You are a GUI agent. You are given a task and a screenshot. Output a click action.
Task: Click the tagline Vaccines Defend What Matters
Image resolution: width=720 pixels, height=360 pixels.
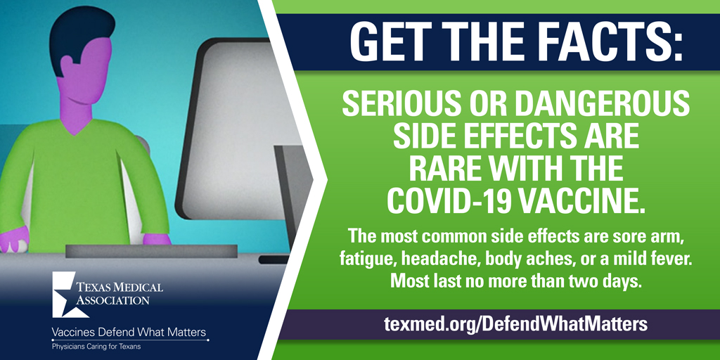pos(129,332)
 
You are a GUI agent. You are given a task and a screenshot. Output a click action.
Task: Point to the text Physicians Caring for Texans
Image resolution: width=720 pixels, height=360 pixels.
pos(96,347)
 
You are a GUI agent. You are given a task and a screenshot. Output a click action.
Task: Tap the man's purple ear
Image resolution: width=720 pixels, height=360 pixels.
pos(67,65)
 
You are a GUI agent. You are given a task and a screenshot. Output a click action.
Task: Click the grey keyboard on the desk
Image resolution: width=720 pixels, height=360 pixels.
pos(151,251)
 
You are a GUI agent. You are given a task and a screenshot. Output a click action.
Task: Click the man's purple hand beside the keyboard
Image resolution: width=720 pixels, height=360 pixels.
pos(157,239)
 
